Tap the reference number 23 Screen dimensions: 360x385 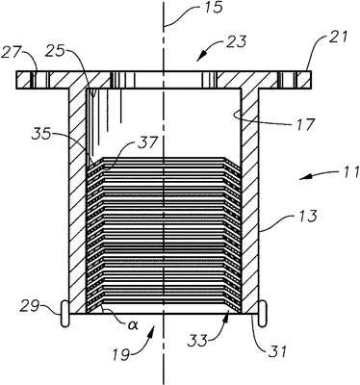237,42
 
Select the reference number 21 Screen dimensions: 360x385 338,38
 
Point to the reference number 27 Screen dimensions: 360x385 11,52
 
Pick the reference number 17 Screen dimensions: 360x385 305,123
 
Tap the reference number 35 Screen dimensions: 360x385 41,134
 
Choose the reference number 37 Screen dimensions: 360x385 147,142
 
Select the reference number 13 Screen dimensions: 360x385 306,217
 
